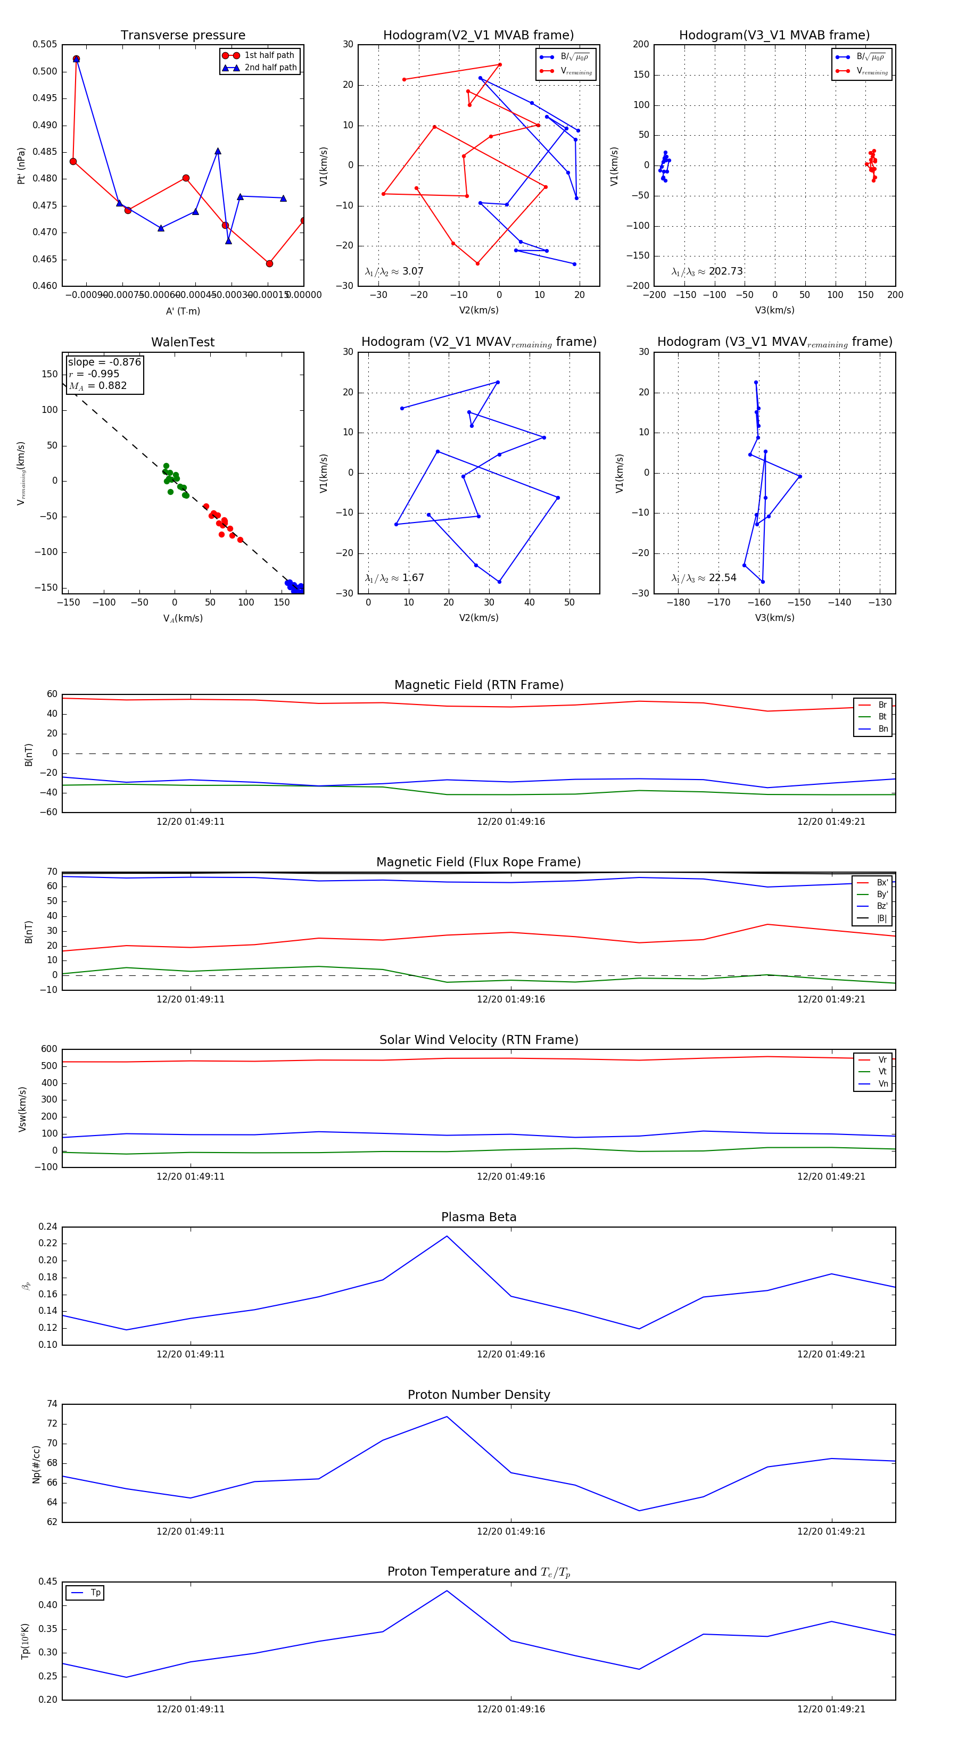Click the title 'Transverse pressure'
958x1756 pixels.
click(x=183, y=36)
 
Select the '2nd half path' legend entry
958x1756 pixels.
click(x=270, y=68)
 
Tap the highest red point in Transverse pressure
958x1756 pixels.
click(x=76, y=59)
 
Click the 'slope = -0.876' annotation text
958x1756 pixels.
click(x=104, y=362)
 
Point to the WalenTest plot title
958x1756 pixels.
click(x=183, y=342)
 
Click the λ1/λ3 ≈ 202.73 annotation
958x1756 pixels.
click(x=707, y=271)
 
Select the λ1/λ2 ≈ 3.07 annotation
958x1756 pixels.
click(x=394, y=271)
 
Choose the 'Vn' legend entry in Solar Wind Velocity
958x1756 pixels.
click(x=882, y=1084)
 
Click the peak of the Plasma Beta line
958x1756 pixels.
click(x=447, y=1237)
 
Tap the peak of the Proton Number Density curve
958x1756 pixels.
click(x=447, y=1417)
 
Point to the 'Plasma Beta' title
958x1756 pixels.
click(x=478, y=1217)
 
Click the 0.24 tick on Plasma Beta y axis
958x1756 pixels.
click(x=48, y=1227)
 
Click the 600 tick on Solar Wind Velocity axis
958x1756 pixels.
click(x=49, y=1049)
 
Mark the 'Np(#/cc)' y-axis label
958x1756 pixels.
click(x=37, y=1464)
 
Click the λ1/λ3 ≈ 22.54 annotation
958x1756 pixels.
click(x=704, y=578)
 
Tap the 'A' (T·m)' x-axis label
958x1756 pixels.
click(x=183, y=311)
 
